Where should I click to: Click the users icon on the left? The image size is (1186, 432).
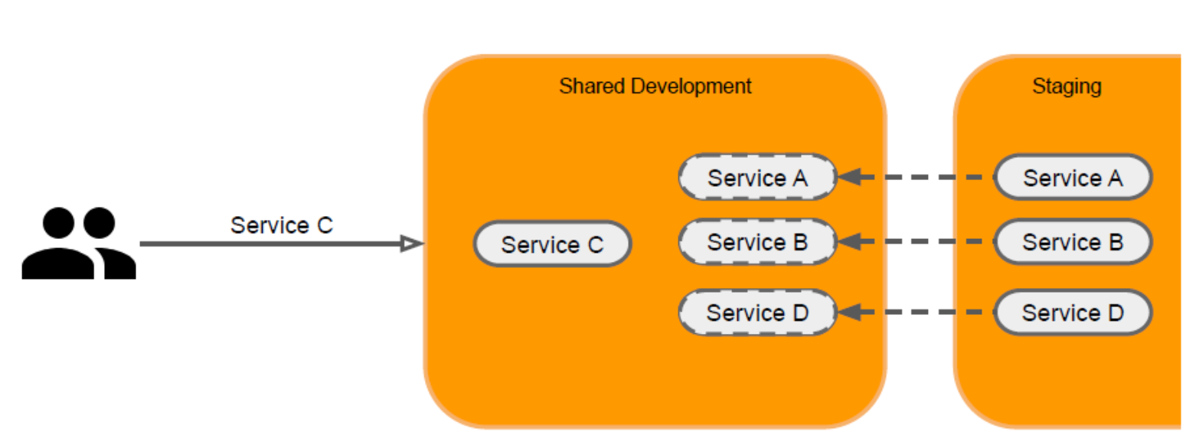79,244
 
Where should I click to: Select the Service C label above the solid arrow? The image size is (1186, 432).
282,226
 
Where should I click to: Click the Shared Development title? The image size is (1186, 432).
655,86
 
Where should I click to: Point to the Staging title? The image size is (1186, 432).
1067,87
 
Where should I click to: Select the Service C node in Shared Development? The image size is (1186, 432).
552,244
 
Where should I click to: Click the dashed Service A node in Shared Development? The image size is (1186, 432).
757,178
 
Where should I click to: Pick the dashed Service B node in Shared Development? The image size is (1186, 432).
757,242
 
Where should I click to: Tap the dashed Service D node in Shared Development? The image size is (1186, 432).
757,313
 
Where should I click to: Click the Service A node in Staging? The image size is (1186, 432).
1073,178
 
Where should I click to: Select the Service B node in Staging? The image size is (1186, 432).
1073,242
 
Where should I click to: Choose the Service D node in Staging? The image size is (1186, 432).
1073,313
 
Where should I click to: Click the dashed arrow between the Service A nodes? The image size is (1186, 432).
919,178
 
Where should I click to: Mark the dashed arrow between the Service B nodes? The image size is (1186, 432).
919,242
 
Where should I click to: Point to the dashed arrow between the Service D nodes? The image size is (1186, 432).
919,313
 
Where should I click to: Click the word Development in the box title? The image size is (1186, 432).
691,86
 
